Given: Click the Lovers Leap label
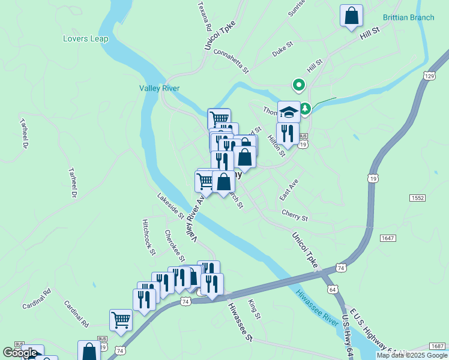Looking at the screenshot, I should [85, 39].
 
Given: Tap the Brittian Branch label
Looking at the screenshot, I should [408, 17].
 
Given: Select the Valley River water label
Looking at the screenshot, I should [160, 88].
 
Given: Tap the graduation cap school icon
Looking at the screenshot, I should [288, 111].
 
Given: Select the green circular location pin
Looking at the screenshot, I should [297, 85].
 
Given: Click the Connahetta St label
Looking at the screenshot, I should [231, 62].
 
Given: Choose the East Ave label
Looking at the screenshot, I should [289, 190].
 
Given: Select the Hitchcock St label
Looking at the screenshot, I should [149, 236].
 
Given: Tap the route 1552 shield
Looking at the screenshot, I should [418, 197].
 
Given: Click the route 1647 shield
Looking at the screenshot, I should [388, 238].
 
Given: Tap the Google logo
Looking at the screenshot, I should [20, 353].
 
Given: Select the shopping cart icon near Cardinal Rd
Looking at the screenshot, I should [121, 320].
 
